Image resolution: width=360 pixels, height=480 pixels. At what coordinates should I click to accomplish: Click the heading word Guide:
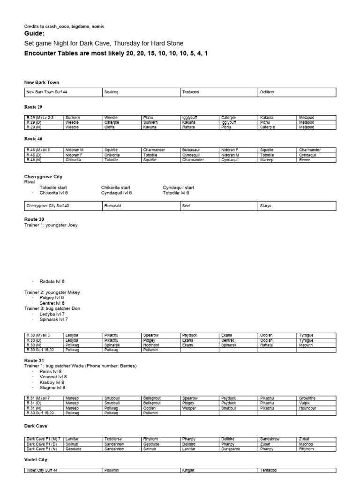point(35,34)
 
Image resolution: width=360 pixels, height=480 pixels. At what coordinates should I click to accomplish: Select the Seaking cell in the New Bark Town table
point(112,92)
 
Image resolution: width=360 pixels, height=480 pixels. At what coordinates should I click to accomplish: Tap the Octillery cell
point(267,92)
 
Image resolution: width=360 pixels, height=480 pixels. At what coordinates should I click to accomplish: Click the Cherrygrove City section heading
point(43,177)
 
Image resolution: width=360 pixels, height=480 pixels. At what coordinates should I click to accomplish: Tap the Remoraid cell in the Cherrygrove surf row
point(113,206)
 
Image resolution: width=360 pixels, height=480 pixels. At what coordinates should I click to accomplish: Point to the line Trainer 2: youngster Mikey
point(52,292)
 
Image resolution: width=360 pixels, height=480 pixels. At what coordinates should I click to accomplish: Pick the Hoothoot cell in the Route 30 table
point(152,345)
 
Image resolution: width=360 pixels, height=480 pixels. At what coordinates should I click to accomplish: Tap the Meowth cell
point(307,345)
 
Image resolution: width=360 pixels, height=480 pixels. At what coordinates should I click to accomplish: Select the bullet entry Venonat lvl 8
point(53,376)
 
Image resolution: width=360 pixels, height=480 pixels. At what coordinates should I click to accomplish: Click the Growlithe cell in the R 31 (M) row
point(307,398)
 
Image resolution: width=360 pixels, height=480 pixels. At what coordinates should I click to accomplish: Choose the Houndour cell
point(307,408)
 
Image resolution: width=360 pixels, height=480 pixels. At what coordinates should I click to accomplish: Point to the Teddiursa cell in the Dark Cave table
point(114,439)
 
